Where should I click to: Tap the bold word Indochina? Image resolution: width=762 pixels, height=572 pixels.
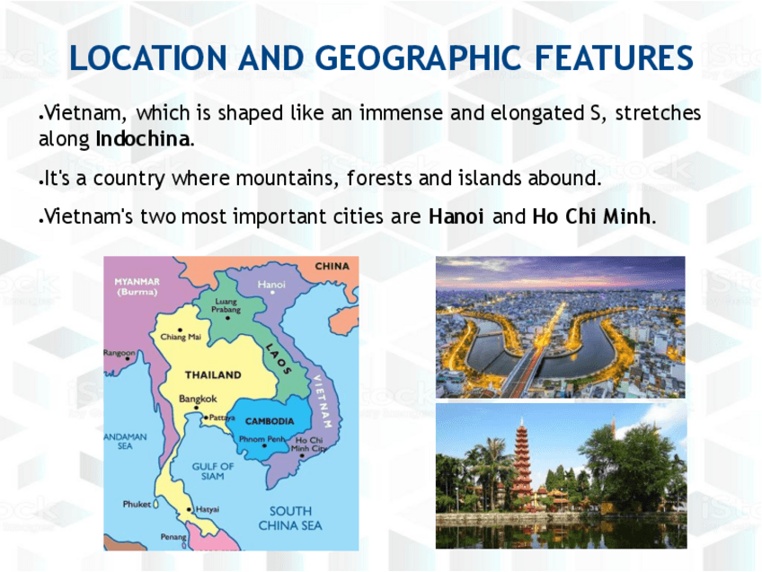(x=142, y=139)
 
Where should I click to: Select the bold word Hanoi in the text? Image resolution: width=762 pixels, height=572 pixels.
(x=456, y=216)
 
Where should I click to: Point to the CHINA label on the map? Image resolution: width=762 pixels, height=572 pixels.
(x=332, y=266)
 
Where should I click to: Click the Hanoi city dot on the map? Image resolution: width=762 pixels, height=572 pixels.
(x=272, y=293)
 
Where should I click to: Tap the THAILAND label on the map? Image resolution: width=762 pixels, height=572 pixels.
(x=213, y=374)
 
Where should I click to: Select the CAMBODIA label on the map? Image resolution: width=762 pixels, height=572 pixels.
(x=270, y=421)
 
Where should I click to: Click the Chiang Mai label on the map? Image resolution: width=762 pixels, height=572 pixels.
(x=181, y=337)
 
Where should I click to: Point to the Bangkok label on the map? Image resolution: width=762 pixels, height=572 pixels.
(x=198, y=399)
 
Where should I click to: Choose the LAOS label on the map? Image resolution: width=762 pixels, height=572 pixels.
(x=279, y=359)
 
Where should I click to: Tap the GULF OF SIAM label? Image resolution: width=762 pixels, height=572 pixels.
(x=213, y=471)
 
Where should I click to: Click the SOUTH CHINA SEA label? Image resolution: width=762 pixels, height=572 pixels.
(x=290, y=518)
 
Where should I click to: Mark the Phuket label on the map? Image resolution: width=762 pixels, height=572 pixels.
(x=137, y=504)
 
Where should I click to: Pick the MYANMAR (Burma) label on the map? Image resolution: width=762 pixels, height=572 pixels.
(x=137, y=286)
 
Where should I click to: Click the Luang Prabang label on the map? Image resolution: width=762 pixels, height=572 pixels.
(x=226, y=305)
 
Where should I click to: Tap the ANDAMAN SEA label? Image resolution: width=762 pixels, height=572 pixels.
(x=125, y=442)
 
